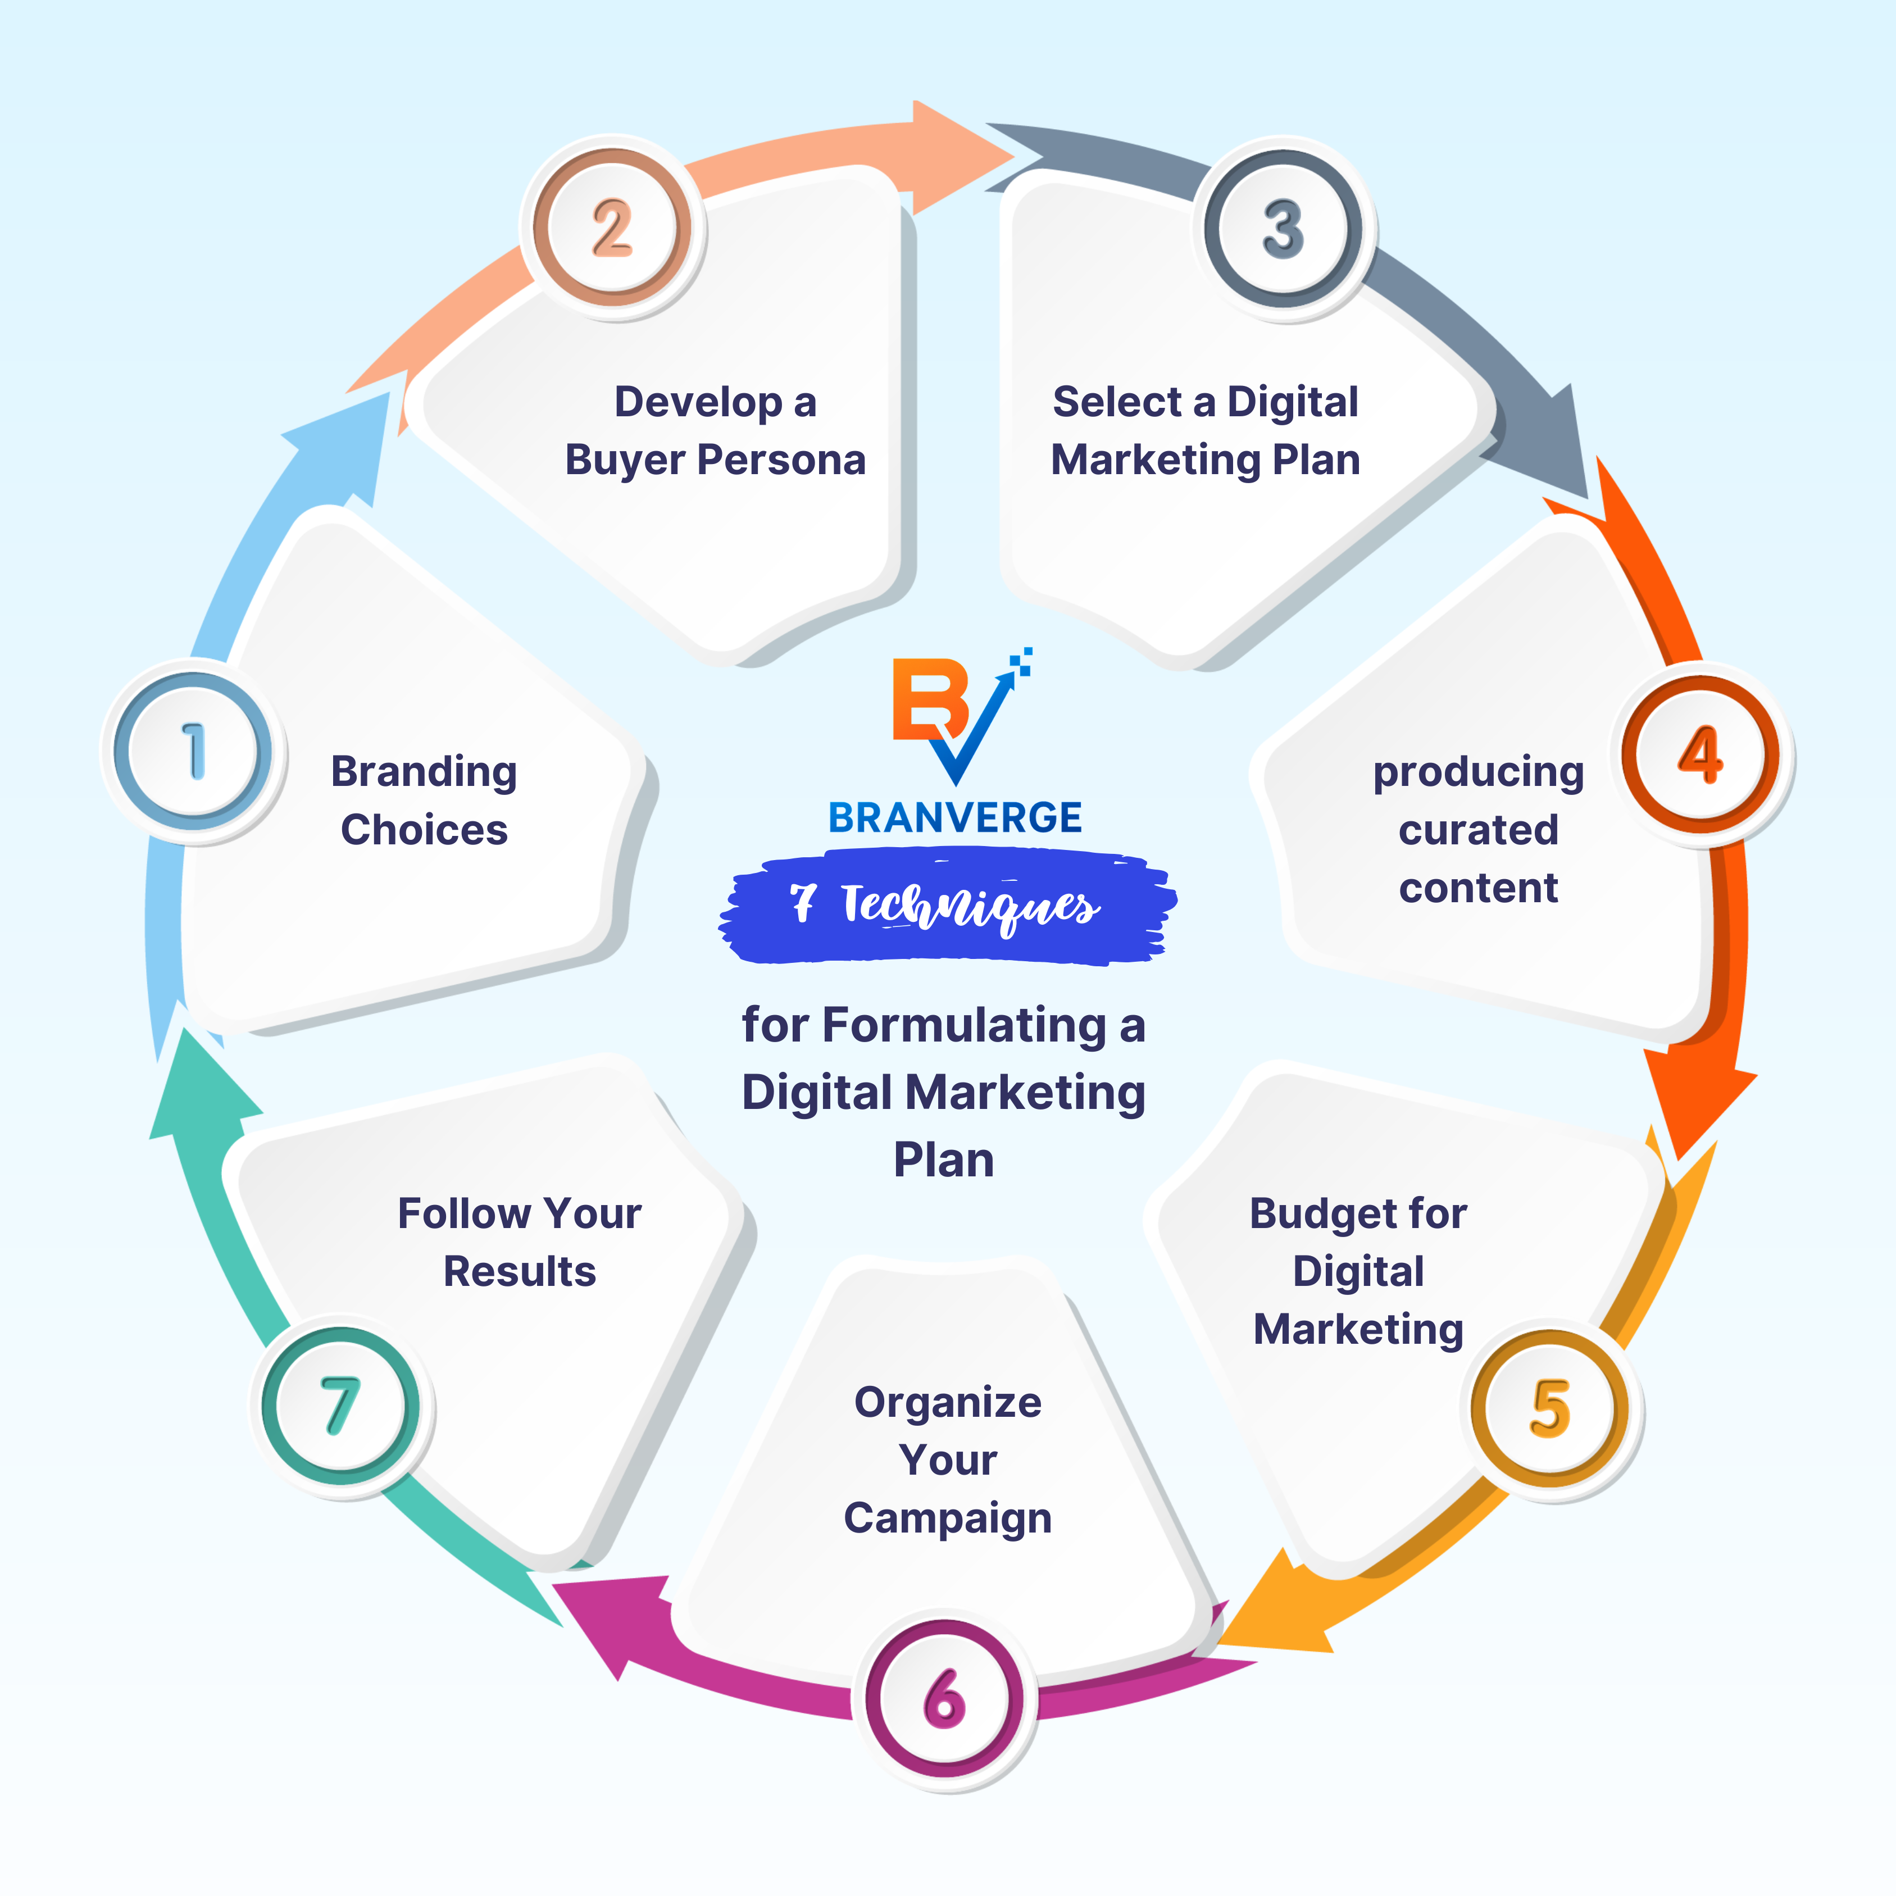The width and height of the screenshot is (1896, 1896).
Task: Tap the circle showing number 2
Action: point(612,228)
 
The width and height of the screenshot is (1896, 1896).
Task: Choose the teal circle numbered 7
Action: point(340,1406)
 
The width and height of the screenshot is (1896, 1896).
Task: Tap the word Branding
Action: point(424,772)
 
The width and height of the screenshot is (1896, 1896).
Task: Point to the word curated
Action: point(1478,830)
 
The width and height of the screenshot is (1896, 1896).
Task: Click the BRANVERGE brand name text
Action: point(955,817)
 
